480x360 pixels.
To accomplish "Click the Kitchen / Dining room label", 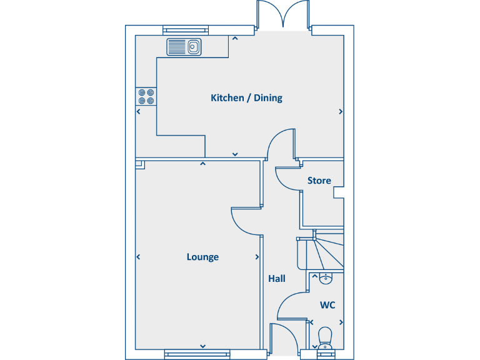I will tap(246, 98).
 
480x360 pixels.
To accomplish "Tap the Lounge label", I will tap(202, 257).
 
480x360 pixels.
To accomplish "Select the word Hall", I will tap(277, 278).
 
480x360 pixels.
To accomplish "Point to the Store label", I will tap(319, 181).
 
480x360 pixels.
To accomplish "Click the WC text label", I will tap(327, 305).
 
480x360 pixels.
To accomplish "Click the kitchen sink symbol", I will tap(184, 46).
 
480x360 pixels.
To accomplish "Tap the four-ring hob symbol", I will tap(146, 96).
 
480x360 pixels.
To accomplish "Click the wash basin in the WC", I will tap(325, 279).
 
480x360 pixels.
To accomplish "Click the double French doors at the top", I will tap(283, 16).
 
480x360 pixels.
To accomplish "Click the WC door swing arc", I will tap(291, 307).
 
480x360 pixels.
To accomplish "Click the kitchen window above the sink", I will tap(187, 29).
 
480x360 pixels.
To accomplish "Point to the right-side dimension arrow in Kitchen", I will tap(341, 112).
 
